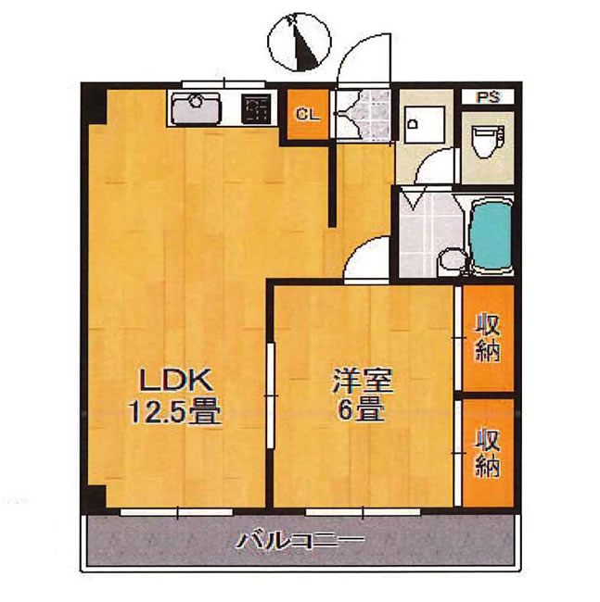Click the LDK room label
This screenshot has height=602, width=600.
click(176, 381)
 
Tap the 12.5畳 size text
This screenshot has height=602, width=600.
click(175, 411)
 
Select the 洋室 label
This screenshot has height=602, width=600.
click(363, 381)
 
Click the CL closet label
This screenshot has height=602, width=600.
click(308, 114)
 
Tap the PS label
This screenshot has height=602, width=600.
click(488, 96)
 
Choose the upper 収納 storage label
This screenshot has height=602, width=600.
click(488, 338)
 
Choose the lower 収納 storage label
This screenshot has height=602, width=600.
click(488, 453)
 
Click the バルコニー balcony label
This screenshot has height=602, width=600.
click(300, 541)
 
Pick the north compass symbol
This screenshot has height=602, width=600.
click(300, 43)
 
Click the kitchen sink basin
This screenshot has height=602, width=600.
click(197, 109)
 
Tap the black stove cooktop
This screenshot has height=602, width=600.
click(257, 109)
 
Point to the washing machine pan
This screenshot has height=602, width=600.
click(424, 124)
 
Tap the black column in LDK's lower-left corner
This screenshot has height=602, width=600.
click(96, 496)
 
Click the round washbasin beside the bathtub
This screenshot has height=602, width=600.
click(453, 259)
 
